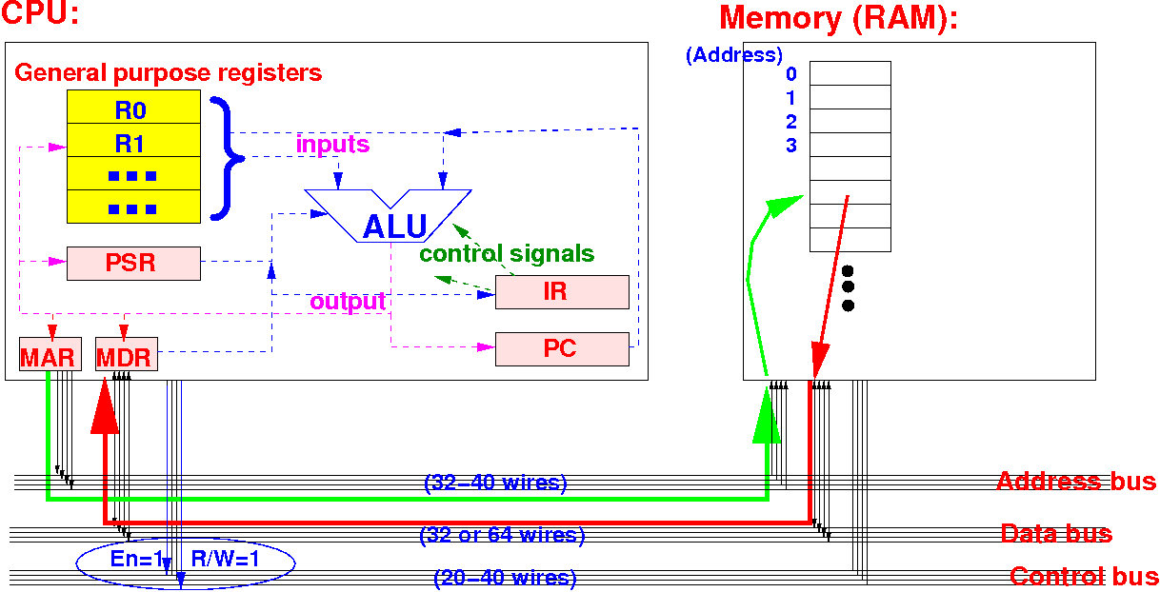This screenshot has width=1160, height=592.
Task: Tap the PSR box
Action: [x=133, y=263]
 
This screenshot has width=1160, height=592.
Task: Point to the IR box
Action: [x=562, y=291]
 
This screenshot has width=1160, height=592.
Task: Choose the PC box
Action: [x=562, y=348]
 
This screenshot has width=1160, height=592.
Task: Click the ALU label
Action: [x=394, y=227]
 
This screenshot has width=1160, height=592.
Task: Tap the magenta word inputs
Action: [x=332, y=145]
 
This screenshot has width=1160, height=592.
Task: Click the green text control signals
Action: [x=507, y=254]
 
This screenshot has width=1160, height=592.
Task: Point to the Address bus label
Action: [x=1076, y=481]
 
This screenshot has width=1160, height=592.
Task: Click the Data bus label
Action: [x=1056, y=533]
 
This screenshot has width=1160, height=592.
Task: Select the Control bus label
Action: [x=1084, y=576]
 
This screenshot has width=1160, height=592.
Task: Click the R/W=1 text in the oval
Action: [x=226, y=560]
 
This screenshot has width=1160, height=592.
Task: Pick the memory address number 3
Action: [x=791, y=146]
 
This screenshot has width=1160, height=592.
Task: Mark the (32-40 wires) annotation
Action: [x=495, y=483]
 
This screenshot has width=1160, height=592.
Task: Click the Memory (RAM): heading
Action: [x=838, y=18]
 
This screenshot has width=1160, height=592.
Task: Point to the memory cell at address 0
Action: [x=850, y=73]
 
